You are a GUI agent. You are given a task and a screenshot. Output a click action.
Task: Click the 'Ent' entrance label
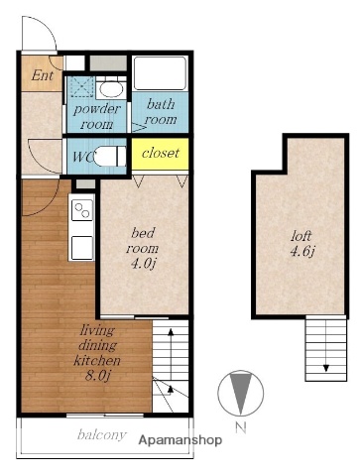pos(43,75)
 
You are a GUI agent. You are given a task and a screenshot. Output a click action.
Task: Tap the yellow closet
pos(161,154)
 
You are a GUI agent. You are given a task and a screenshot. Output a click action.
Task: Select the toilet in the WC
pos(110,157)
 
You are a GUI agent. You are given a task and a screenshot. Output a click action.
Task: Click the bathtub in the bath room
pos(160,72)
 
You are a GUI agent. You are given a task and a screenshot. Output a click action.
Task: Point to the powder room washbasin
pos(112,88)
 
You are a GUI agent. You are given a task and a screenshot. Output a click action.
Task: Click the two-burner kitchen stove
pos(82,210)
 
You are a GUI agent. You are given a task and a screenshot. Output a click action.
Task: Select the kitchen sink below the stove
pos(82,248)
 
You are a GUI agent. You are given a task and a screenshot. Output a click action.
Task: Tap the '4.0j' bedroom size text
pos(143,264)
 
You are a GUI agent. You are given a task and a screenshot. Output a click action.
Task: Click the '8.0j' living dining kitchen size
pos(97,376)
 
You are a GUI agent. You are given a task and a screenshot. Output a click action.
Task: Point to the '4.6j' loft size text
pos(301,252)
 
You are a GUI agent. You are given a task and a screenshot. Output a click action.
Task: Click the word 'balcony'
pos(102,434)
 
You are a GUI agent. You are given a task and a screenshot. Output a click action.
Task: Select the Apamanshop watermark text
pos(180,440)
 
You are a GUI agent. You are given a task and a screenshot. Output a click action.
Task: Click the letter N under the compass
pos(241,428)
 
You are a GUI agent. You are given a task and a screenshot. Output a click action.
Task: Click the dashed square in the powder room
pos(82,86)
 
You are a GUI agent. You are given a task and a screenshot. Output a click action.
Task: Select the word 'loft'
pos(301,236)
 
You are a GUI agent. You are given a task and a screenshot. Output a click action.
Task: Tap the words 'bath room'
pos(161,112)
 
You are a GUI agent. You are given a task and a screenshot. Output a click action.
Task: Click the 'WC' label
pos(82,157)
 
